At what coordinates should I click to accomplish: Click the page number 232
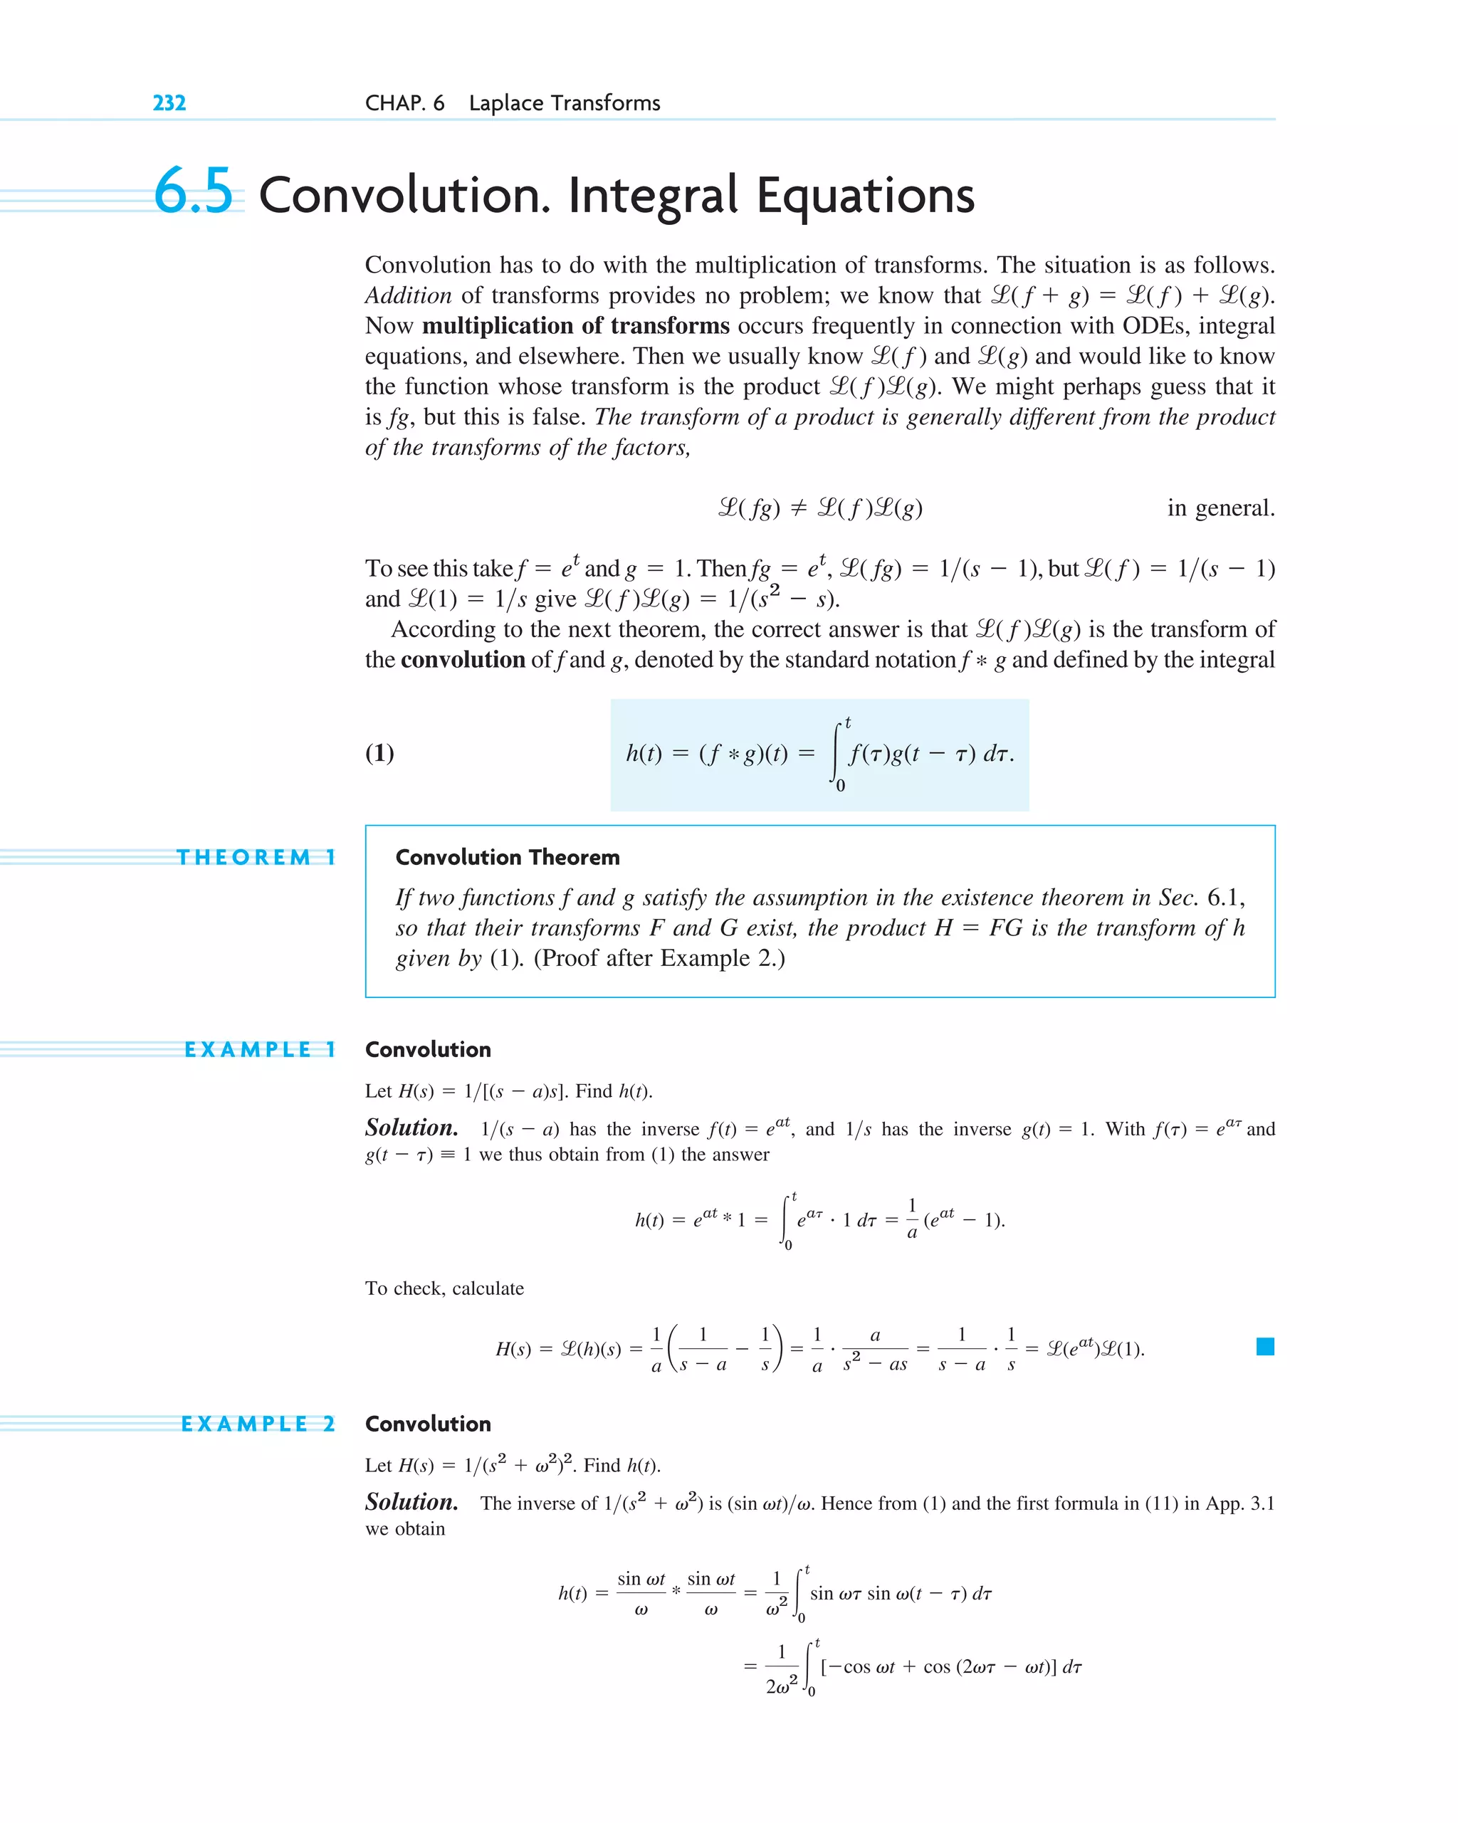[x=169, y=103]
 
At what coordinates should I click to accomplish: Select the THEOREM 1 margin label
[x=256, y=857]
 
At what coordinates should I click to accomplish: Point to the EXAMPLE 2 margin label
[x=258, y=1424]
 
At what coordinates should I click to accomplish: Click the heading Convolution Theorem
[x=508, y=857]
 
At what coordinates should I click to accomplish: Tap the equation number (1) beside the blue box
[x=379, y=752]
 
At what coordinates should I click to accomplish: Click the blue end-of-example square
[x=1265, y=1347]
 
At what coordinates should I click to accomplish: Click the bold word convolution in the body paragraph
[x=463, y=660]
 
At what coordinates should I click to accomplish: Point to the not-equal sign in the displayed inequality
[x=797, y=508]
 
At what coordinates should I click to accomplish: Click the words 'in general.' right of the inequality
[x=1220, y=508]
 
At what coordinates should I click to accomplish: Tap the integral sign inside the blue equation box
[x=836, y=753]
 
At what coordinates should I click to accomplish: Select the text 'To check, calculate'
[x=444, y=1288]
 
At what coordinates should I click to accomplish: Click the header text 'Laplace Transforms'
[x=564, y=103]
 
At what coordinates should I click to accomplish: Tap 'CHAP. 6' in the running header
[x=404, y=103]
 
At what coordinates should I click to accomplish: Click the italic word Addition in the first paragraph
[x=409, y=296]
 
